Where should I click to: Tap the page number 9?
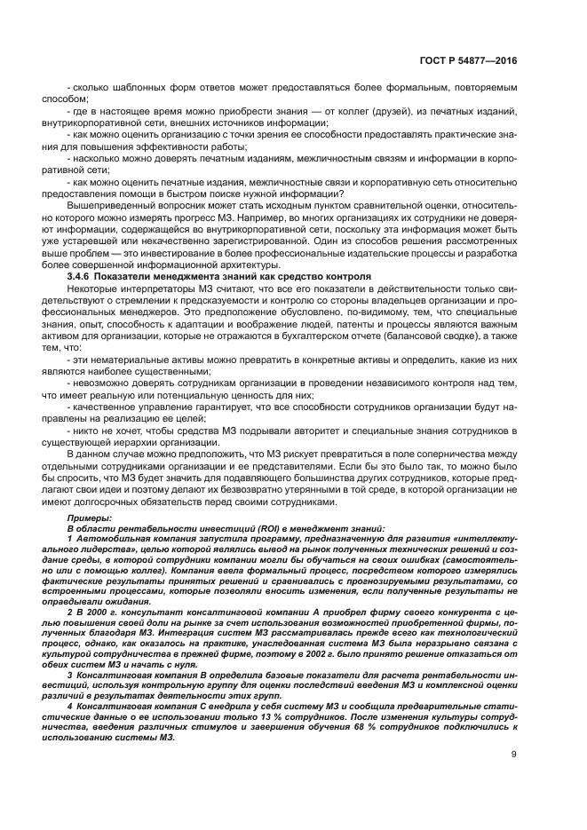coord(514,755)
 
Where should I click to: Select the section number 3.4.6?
coord(83,277)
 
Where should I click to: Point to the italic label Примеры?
coord(91,517)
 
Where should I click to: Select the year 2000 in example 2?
coord(97,613)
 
